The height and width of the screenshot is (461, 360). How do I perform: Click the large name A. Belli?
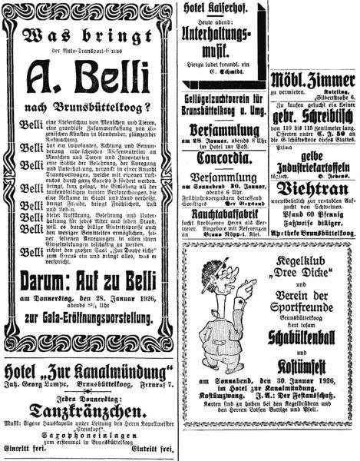click(87, 79)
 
